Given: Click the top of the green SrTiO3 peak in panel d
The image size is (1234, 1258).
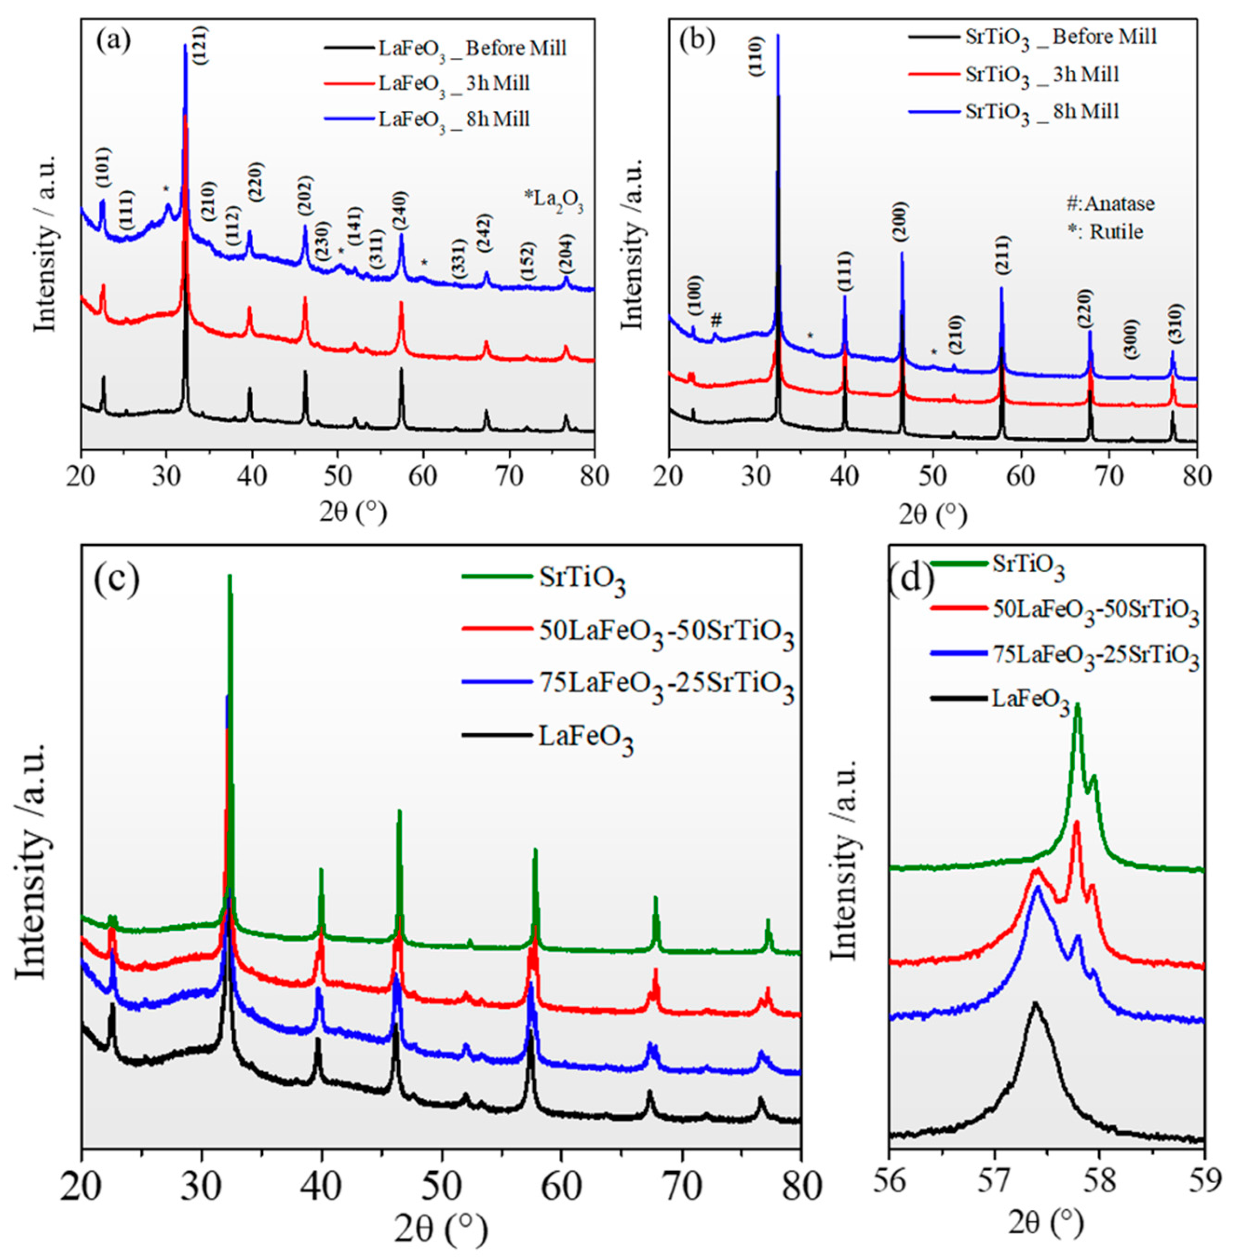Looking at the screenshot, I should pyautogui.click(x=1077, y=705).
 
